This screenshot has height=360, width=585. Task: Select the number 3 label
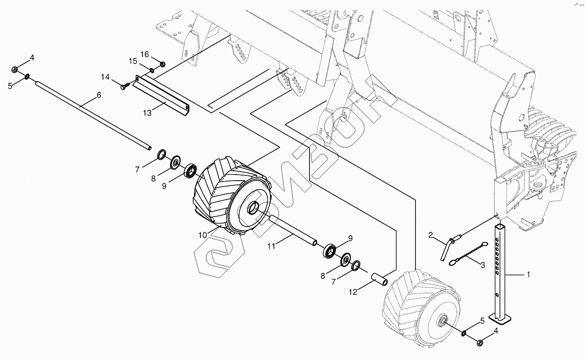point(483,265)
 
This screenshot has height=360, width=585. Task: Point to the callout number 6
point(99,95)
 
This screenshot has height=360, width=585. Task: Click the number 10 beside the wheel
point(202,235)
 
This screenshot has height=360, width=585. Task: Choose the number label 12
point(353,292)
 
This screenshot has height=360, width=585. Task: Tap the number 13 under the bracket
point(147,113)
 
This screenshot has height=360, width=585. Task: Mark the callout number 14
point(105,77)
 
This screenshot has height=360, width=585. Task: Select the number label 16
point(145,54)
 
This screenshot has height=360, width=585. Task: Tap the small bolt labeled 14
point(124,87)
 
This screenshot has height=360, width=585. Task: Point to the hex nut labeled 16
point(163,64)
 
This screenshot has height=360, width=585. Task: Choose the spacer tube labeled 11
point(292,230)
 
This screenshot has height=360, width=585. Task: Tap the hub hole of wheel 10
point(252,207)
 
